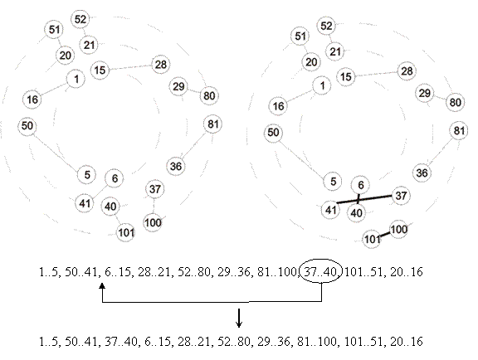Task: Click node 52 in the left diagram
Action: click(80, 19)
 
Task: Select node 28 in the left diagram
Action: click(161, 65)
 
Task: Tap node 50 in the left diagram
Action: click(27, 125)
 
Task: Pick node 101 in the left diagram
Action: click(126, 233)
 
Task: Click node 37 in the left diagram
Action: click(155, 189)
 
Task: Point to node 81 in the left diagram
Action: click(212, 124)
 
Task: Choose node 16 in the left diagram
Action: click(32, 100)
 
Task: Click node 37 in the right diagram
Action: click(401, 196)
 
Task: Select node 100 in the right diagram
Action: click(398, 229)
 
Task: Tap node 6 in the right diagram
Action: click(361, 185)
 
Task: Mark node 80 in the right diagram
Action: click(455, 102)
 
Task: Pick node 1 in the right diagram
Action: click(322, 85)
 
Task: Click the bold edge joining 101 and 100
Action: click(385, 235)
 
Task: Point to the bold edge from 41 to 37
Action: click(364, 199)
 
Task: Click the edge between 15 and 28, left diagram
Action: click(130, 67)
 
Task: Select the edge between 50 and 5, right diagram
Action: click(302, 159)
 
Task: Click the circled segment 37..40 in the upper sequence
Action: click(321, 271)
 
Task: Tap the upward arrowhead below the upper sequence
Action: click(102, 285)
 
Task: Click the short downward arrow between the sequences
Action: click(239, 318)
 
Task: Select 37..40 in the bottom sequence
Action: click(121, 341)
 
